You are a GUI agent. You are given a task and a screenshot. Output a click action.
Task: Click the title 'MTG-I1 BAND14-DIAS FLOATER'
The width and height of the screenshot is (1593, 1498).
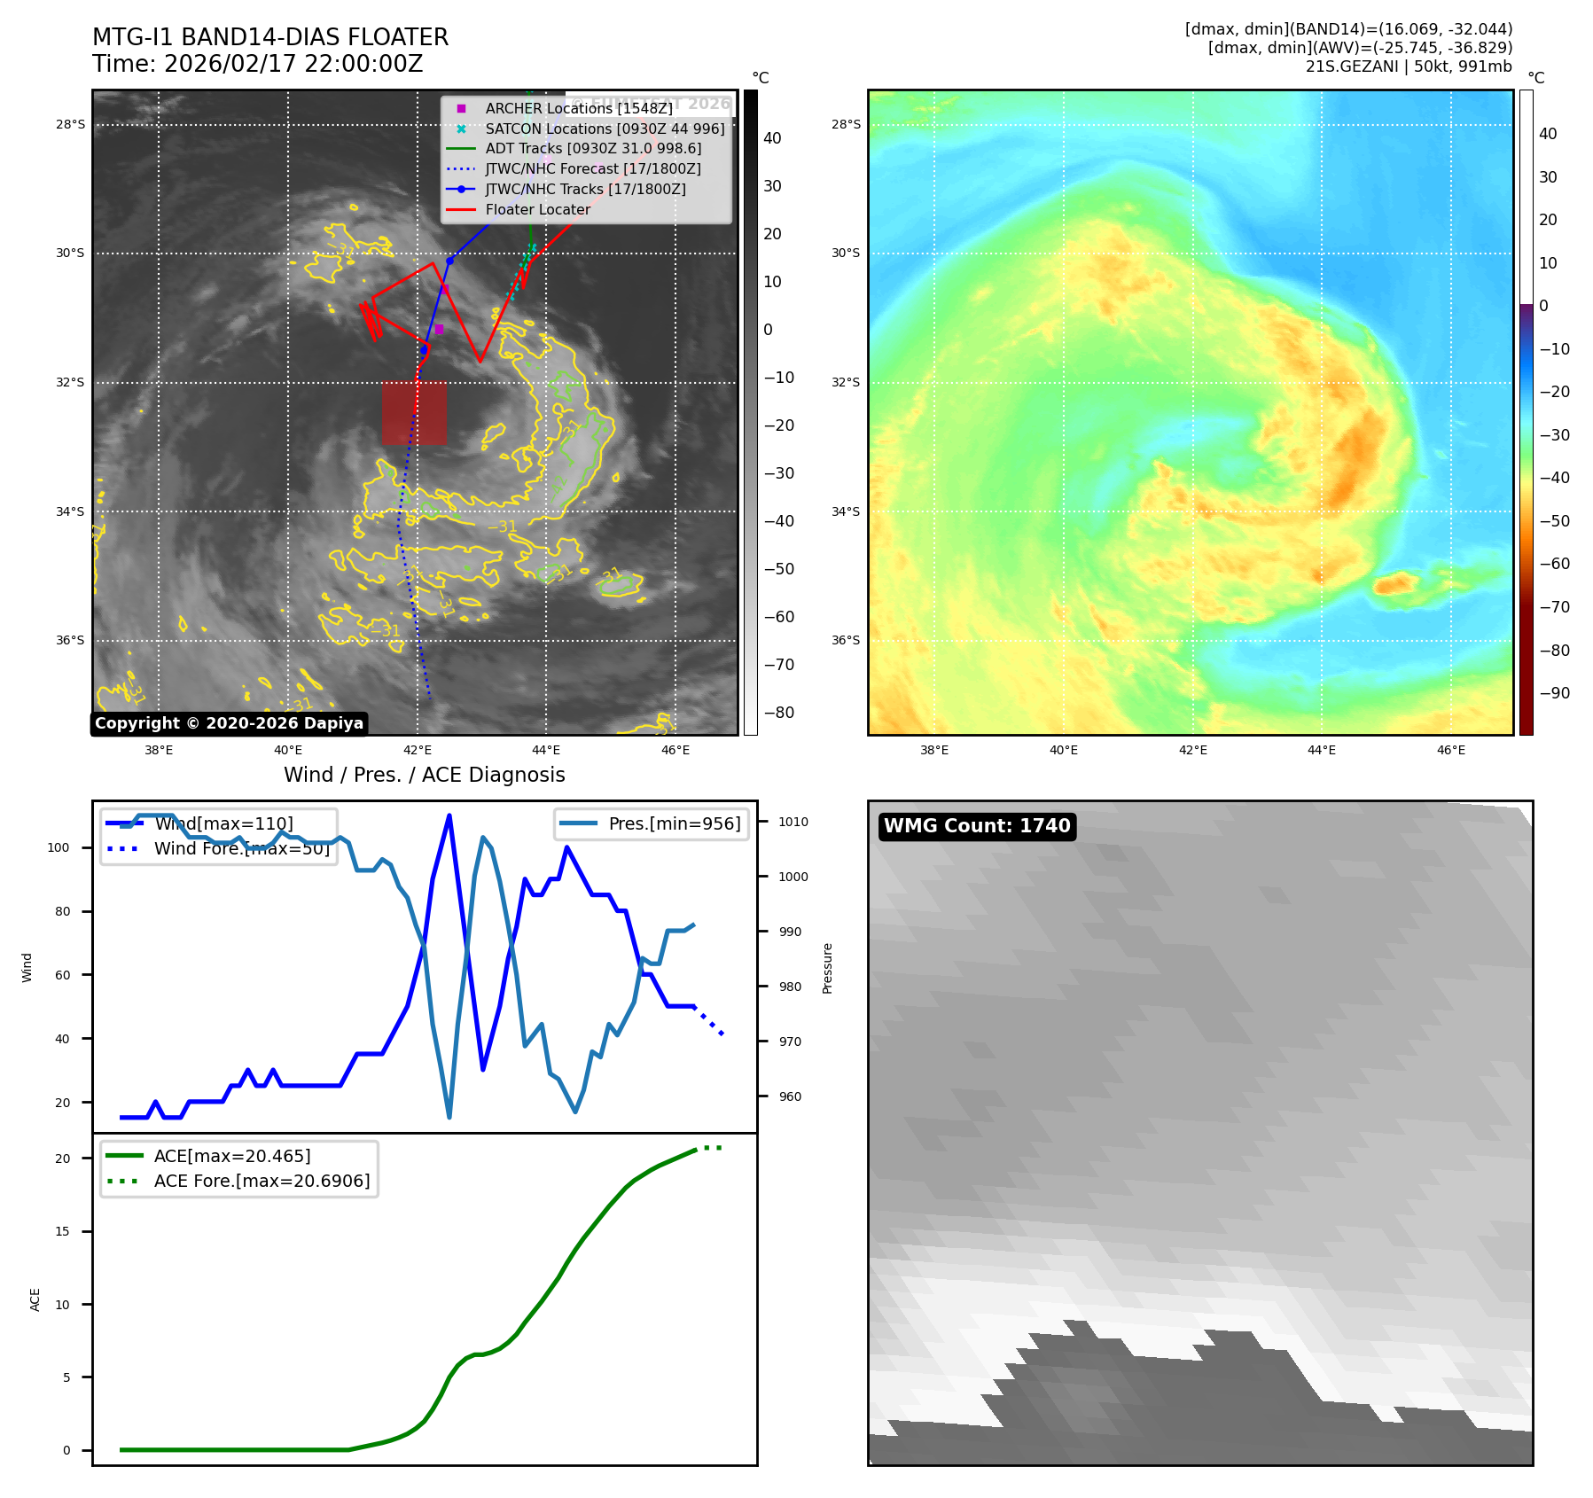click(x=270, y=37)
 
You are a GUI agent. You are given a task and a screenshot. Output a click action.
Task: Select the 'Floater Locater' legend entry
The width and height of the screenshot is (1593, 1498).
click(x=537, y=210)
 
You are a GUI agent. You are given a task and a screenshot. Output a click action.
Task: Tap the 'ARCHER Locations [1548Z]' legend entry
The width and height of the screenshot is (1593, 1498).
click(x=578, y=108)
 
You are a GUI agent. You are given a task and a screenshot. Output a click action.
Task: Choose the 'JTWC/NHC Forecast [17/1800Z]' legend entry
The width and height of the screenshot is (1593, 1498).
click(x=592, y=168)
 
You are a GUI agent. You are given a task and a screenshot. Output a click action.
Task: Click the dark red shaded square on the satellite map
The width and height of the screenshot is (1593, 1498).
click(x=414, y=412)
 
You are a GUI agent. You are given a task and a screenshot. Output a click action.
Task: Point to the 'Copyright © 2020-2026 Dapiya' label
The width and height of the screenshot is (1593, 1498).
click(x=229, y=723)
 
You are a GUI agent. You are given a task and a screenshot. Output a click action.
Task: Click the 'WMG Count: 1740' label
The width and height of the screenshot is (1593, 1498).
click(x=977, y=826)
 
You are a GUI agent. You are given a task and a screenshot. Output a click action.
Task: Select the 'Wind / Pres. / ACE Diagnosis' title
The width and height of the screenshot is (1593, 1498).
click(x=424, y=775)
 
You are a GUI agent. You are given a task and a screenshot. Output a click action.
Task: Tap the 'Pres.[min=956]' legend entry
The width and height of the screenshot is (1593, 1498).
click(x=674, y=823)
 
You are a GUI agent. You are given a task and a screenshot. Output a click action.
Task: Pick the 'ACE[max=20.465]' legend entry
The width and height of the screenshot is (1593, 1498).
click(x=232, y=1156)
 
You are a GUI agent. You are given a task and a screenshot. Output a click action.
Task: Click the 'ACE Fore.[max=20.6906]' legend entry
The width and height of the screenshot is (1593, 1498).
click(x=262, y=1181)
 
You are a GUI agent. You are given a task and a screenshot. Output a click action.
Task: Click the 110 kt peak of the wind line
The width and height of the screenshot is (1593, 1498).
click(x=449, y=815)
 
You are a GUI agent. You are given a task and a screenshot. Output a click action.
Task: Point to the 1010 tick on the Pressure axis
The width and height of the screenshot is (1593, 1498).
click(x=793, y=822)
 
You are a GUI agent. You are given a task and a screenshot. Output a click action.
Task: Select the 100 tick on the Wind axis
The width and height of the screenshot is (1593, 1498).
click(x=59, y=847)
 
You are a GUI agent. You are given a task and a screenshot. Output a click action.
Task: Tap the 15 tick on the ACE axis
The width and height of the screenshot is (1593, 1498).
click(x=62, y=1231)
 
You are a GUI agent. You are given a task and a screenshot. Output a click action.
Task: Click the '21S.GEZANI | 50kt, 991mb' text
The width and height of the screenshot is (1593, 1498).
click(x=1409, y=66)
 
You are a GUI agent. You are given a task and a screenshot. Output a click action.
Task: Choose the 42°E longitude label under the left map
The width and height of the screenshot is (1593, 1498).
click(x=417, y=750)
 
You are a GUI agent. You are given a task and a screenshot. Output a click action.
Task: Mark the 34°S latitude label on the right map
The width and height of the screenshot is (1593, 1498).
click(x=845, y=511)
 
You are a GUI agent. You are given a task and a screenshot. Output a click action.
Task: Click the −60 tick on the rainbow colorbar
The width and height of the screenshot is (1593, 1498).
click(x=1554, y=564)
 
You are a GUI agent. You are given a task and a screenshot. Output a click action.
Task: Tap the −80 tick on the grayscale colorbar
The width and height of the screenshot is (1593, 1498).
click(x=778, y=713)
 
